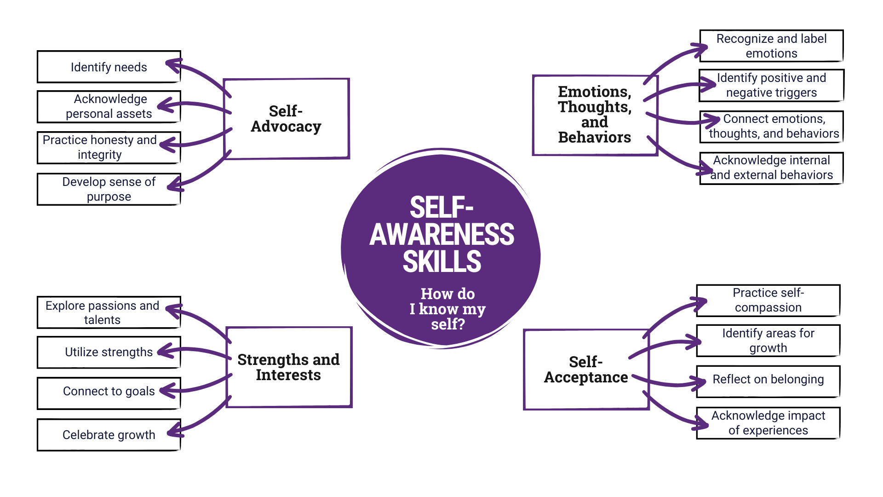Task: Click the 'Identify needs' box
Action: (109, 67)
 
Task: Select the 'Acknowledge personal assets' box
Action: (109, 106)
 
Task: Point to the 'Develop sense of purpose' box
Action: (109, 189)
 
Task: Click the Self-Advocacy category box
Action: (286, 119)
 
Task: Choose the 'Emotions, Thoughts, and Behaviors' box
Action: (595, 115)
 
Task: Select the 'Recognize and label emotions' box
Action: (771, 46)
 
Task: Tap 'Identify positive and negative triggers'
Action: (771, 85)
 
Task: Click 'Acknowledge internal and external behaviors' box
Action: (771, 168)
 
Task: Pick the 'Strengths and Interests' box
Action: (288, 367)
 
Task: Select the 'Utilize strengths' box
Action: (109, 352)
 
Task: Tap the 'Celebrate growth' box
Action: (109, 435)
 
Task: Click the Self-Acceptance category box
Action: (585, 370)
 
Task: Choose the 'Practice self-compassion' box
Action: (768, 300)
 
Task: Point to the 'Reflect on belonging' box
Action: (768, 380)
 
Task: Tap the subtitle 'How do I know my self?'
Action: (447, 309)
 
